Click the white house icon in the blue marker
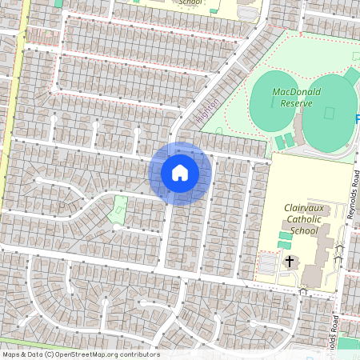(180, 172)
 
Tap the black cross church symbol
(289, 262)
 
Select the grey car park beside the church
(266, 262)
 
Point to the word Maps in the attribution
(11, 354)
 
